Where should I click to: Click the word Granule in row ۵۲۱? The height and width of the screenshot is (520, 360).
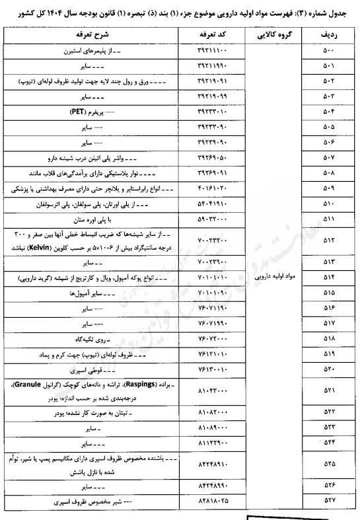pyautogui.click(x=27, y=383)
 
